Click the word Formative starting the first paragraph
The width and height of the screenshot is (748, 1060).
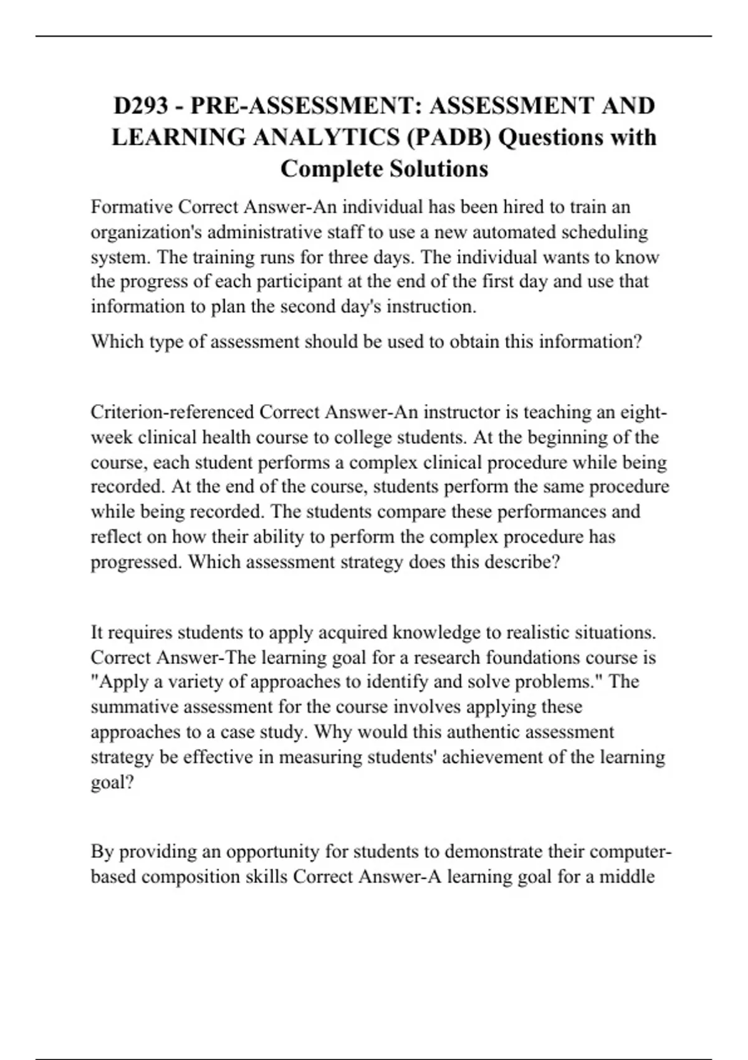coord(131,206)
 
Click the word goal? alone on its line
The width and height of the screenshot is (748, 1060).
coord(112,782)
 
